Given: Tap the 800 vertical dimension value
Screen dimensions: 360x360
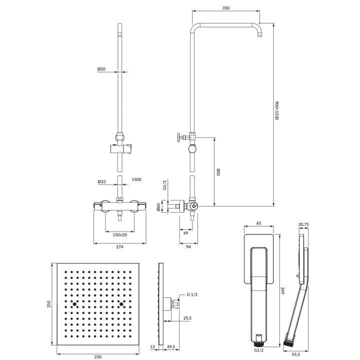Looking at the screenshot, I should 218,172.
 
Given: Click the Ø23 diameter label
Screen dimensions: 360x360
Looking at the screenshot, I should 101,182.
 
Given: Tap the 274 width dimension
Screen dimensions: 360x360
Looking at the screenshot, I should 119,246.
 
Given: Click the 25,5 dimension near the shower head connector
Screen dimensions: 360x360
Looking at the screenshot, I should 187,317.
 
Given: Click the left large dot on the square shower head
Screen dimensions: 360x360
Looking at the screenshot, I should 74,304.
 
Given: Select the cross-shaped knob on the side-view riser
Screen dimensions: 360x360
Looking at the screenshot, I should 179,137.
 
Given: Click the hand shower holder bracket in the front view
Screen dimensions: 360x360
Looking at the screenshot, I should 120,148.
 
